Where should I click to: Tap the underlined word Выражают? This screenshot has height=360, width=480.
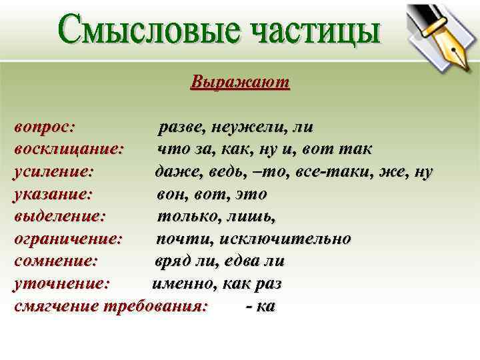point(240,83)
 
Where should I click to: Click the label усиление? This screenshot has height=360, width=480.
point(53,171)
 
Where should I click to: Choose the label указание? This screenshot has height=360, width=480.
point(53,194)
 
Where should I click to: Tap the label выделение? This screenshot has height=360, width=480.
point(59,217)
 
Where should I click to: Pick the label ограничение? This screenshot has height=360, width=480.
point(68,239)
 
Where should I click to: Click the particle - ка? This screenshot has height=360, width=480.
point(261,306)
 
